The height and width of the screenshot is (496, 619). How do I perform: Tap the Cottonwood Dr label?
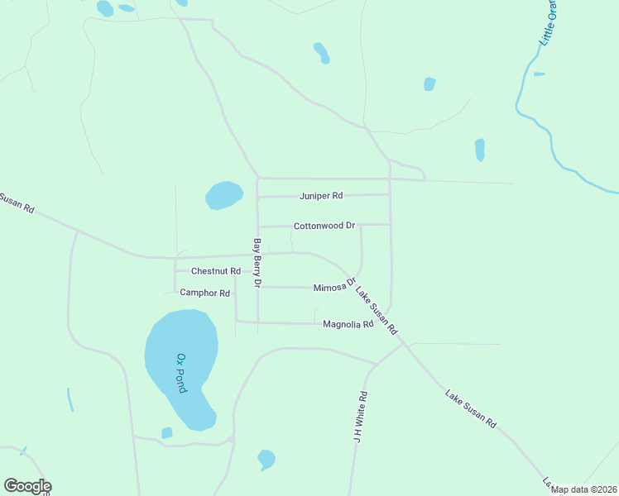[324, 225]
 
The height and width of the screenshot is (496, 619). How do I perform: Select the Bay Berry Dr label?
[257, 263]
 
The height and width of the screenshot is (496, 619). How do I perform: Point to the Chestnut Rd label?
[215, 271]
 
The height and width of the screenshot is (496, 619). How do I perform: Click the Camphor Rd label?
[204, 293]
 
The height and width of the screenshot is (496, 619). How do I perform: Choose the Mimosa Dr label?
[334, 286]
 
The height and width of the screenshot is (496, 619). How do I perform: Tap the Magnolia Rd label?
[348, 325]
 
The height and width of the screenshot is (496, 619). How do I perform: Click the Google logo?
[27, 486]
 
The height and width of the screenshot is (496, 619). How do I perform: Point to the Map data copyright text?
[583, 489]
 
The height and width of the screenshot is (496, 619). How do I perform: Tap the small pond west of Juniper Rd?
[223, 195]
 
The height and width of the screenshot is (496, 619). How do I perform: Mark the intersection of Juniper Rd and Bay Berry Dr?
[257, 197]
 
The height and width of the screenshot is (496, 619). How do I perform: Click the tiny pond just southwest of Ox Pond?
[166, 433]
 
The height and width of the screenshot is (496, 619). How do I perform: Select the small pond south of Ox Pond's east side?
[266, 459]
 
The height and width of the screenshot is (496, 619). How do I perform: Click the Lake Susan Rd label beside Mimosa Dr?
[377, 309]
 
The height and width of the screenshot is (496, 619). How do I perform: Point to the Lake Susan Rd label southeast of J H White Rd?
[471, 408]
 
